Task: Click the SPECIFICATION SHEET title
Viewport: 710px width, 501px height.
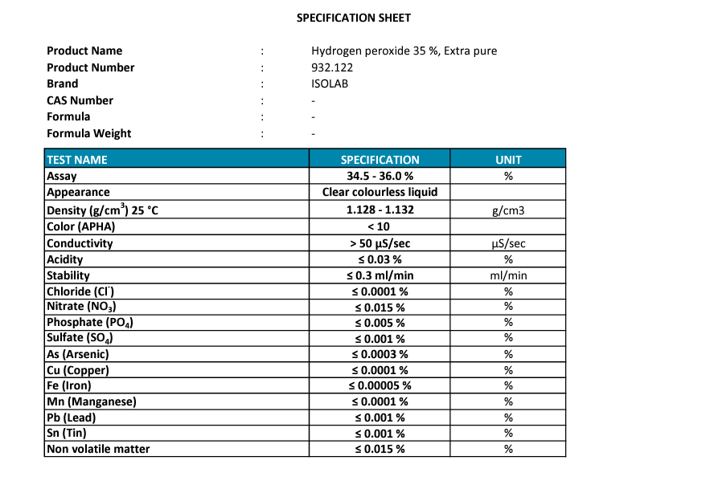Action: (x=354, y=18)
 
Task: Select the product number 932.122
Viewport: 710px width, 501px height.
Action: (x=332, y=67)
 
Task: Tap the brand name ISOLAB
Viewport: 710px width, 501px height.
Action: (x=330, y=83)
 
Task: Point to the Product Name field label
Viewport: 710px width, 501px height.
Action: (x=84, y=51)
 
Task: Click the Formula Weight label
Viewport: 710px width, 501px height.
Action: (x=88, y=133)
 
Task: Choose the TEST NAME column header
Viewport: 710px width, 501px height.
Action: (x=77, y=160)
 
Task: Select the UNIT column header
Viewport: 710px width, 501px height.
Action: (x=508, y=160)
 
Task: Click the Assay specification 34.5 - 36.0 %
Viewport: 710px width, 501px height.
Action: (x=380, y=176)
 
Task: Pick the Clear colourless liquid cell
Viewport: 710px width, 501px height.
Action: (x=380, y=192)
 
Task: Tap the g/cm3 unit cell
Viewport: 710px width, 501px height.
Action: (x=508, y=210)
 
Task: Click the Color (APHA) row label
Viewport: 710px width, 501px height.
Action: (x=80, y=226)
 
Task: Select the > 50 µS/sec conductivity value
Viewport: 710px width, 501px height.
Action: (x=380, y=243)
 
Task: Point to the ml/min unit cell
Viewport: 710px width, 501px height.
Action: (x=508, y=275)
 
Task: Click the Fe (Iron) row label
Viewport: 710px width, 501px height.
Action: (x=69, y=385)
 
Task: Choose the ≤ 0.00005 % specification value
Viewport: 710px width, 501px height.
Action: (x=380, y=385)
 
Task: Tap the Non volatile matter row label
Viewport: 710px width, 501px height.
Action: (x=98, y=449)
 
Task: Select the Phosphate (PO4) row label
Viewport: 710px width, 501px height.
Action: (x=90, y=323)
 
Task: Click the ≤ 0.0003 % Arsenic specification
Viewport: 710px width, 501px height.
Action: (x=380, y=354)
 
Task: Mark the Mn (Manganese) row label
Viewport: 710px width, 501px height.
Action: (x=91, y=401)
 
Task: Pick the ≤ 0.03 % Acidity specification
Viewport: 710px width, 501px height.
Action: (x=380, y=259)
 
